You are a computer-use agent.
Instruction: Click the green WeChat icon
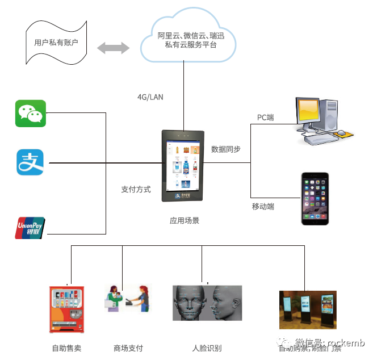30,114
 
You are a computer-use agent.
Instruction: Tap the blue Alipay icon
30,162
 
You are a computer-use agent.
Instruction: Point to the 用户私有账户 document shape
56,43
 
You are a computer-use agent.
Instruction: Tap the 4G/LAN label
150,97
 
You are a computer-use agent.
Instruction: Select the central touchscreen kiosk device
183,166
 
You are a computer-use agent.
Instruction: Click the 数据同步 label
225,149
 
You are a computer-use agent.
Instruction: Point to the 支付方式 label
136,190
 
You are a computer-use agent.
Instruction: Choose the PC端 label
265,118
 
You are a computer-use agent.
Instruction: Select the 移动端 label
263,207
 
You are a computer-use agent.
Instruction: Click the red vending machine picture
66,309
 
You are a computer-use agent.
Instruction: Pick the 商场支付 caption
128,348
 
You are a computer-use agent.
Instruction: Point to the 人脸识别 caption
207,348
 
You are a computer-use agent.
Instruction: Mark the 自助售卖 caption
66,348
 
